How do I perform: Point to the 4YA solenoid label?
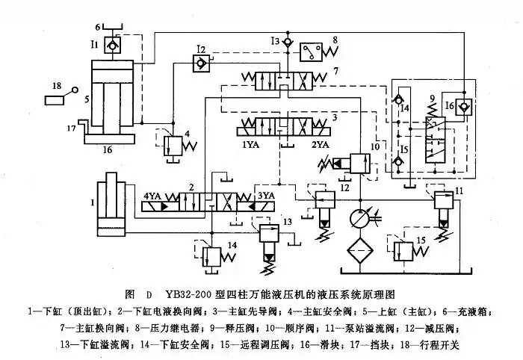[154, 196]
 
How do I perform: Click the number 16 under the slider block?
[107, 150]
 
